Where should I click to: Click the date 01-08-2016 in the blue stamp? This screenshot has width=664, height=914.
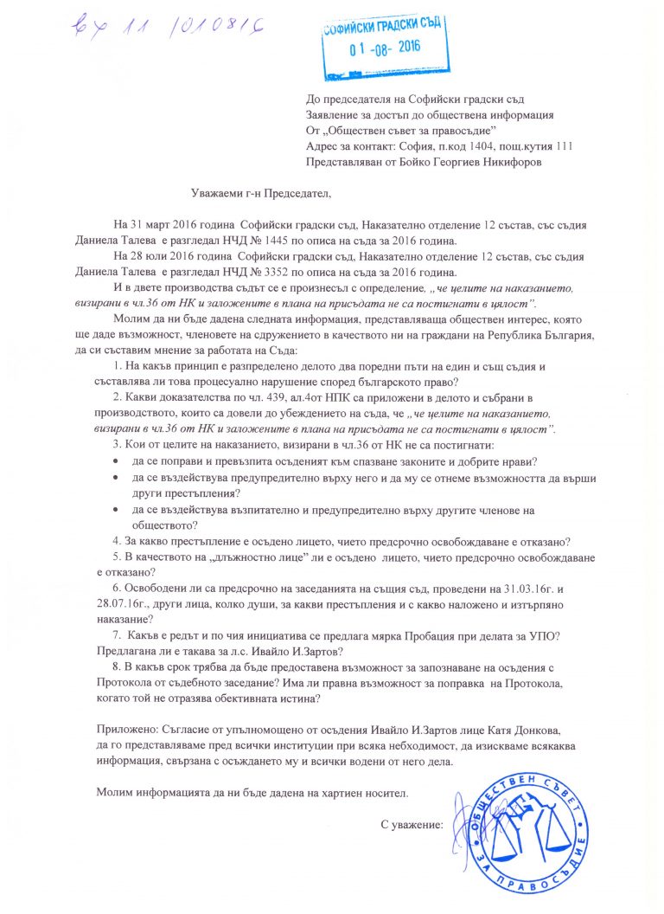385,48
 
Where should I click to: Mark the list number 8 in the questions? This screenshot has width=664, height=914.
115,668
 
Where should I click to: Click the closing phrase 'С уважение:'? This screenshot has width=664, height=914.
412,824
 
